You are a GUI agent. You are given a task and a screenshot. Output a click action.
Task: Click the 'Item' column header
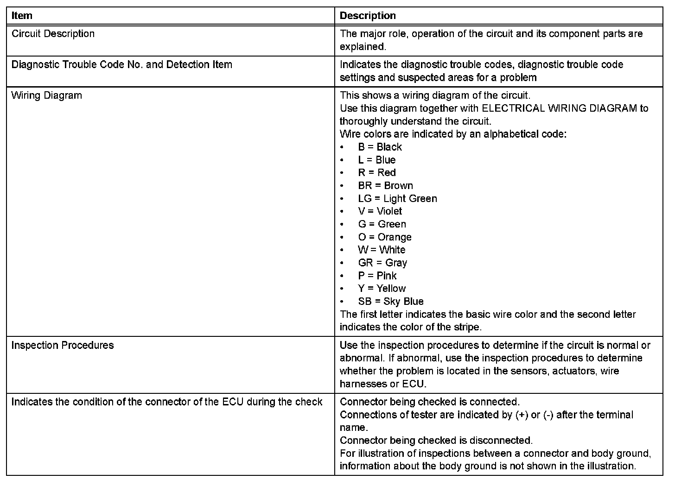pos(22,15)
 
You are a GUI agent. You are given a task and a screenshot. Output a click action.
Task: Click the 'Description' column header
pos(368,15)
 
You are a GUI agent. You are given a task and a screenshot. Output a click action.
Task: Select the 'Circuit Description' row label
pos(53,34)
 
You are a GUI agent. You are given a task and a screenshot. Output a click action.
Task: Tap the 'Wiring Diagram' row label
pos(46,95)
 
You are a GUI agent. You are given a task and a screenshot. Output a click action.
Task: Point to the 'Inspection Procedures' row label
pos(63,345)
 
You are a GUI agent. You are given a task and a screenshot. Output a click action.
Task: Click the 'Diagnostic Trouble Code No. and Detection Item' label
pos(121,64)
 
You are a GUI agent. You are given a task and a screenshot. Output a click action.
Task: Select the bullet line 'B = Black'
pos(380,147)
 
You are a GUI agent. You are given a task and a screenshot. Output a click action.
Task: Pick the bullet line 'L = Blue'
pos(376,160)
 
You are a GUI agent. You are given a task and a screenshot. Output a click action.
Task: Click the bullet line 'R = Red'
pos(376,173)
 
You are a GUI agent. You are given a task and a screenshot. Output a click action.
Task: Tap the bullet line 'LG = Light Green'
pos(397,199)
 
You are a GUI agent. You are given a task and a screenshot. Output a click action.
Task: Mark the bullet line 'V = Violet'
pos(380,211)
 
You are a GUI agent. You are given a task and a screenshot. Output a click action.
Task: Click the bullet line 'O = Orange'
pos(384,237)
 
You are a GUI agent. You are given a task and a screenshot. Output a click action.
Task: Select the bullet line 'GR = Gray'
pos(382,263)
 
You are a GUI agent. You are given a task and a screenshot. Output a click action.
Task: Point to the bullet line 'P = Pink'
pos(377,276)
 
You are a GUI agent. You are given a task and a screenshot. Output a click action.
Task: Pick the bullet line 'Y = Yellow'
pos(382,288)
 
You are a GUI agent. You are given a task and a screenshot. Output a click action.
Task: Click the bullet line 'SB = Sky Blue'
pos(390,301)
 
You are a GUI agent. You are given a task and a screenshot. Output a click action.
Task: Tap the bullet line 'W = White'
pos(381,250)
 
